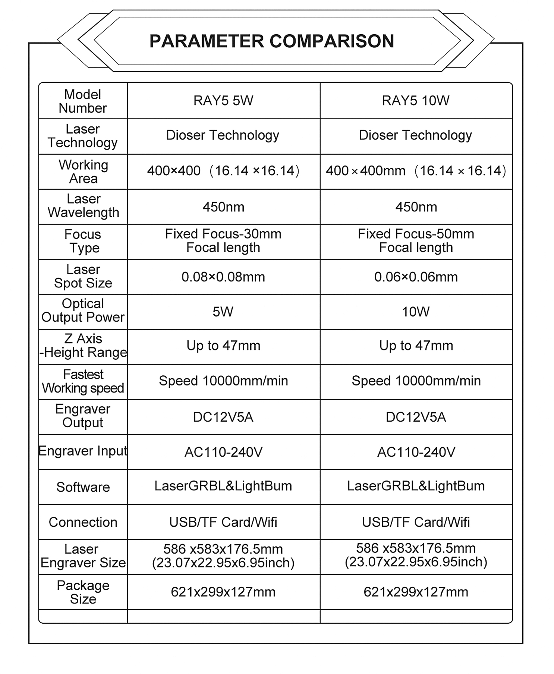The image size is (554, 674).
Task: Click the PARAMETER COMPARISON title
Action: pos(271,41)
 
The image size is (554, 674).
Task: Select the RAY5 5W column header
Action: pos(223,101)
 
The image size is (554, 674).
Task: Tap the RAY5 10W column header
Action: pos(416,101)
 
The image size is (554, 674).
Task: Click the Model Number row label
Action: pos(83,101)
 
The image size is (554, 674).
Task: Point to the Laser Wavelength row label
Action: pos(83,206)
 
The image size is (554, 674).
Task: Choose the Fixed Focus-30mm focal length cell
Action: pos(223,241)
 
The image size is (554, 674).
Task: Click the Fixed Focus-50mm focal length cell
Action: pos(416,241)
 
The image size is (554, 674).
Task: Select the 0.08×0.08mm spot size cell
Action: pos(223,277)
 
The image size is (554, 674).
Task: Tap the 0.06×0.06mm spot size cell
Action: pos(416,277)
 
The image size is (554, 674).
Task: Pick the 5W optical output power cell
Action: pos(223,312)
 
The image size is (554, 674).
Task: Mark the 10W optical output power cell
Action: pos(416,312)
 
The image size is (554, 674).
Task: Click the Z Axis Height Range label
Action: pos(83,346)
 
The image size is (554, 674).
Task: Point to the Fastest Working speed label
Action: pos(83,381)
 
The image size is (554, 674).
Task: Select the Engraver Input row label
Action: pos(83,451)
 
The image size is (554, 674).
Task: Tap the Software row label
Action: pos(83,487)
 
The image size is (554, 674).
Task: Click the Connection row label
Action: pos(83,522)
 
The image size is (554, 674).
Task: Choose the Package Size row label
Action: pos(83,592)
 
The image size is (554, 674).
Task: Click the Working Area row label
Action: pos(83,172)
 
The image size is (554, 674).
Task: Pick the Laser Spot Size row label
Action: pos(83,276)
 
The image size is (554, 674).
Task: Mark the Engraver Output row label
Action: pos(83,416)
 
